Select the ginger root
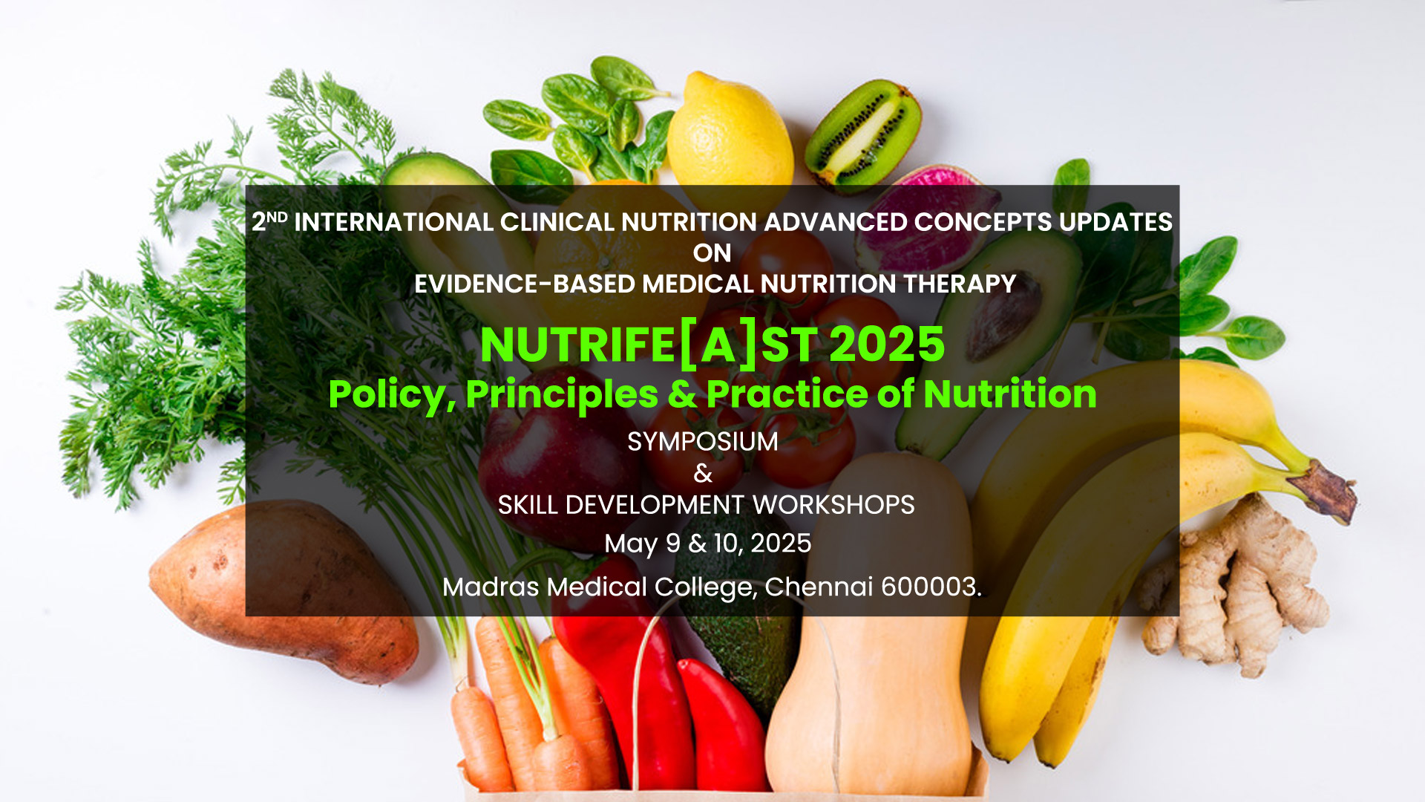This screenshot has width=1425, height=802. tap(1236, 587)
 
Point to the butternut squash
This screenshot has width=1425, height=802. tap(872, 631)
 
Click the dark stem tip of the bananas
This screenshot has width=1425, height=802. tap(1329, 490)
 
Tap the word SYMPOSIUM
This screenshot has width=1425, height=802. tap(703, 442)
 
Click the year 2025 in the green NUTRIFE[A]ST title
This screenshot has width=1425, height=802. tap(887, 345)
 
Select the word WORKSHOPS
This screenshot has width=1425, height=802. tap(833, 505)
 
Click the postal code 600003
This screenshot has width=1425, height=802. tap(931, 587)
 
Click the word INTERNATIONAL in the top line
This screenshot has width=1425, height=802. tap(394, 222)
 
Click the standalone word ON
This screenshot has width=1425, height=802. tap(712, 253)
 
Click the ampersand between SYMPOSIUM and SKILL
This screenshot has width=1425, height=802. tap(703, 474)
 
